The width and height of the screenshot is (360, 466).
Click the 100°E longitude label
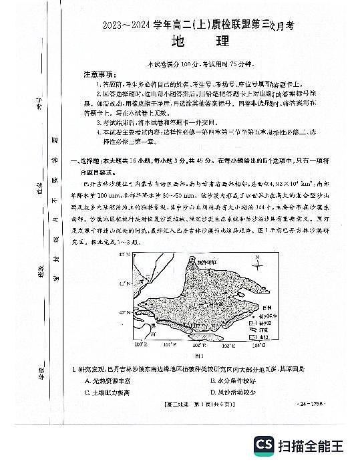point(141,346)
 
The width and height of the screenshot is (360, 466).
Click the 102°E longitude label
point(199,346)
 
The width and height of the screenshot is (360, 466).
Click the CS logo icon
point(264,445)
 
